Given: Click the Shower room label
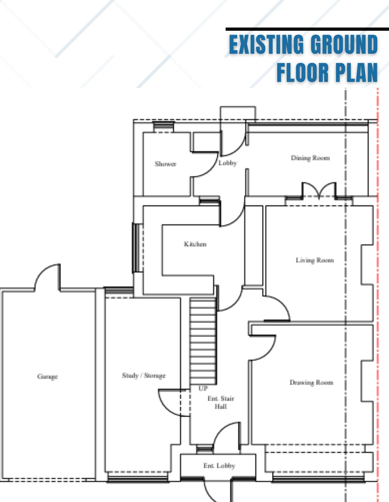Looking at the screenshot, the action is [166, 164].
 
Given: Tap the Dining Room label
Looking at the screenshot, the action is [310, 158].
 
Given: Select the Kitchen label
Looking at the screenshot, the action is [195, 244].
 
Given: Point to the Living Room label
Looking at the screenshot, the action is [315, 260].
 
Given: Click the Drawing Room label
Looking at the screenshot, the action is [312, 382].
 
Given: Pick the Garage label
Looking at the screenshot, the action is [47, 377].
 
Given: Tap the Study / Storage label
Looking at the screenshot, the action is [144, 376].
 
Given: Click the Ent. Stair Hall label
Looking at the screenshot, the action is [221, 403].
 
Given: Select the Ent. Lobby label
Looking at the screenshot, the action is [219, 465].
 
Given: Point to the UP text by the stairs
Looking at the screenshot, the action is [203, 388].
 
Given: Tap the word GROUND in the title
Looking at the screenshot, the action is [344, 44].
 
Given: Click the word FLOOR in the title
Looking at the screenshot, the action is [303, 72].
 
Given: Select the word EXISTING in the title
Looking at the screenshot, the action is [266, 44].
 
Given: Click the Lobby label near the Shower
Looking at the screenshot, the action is [228, 163].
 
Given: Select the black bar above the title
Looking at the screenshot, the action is [307, 29].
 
